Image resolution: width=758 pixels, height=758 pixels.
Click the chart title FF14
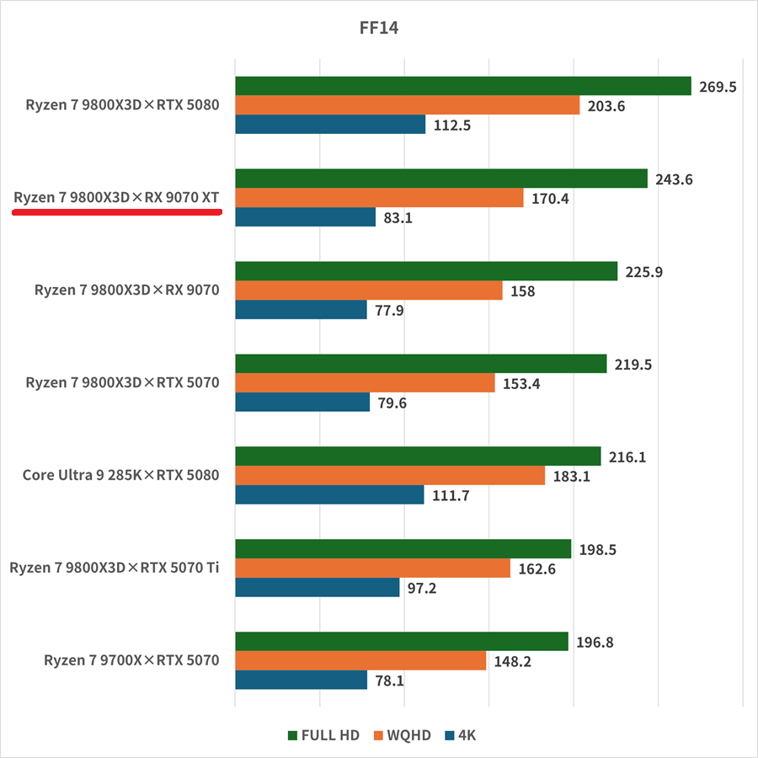(x=378, y=29)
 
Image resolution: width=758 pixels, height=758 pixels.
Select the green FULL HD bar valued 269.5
(x=463, y=86)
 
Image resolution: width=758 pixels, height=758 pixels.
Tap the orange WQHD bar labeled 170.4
(x=379, y=198)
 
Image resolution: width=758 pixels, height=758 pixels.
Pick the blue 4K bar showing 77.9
(x=301, y=310)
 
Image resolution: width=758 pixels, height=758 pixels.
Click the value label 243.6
(x=673, y=179)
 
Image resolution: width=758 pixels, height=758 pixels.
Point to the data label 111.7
(x=451, y=495)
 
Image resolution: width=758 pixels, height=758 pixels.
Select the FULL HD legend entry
(x=323, y=735)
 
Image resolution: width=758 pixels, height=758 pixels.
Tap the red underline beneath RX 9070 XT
(x=117, y=213)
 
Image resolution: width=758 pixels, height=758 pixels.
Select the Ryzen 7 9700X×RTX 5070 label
(x=131, y=660)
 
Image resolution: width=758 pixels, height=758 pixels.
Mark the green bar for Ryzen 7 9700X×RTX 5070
(x=402, y=642)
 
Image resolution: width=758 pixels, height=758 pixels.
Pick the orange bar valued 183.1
(x=390, y=476)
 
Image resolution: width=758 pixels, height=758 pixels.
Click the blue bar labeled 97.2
(x=318, y=587)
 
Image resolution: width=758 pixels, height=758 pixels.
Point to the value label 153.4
(x=522, y=384)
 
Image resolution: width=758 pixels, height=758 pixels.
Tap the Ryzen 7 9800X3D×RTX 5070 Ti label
(x=115, y=568)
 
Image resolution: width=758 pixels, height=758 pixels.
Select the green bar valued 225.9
(x=426, y=271)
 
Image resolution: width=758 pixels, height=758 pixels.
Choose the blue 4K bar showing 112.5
(x=330, y=125)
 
